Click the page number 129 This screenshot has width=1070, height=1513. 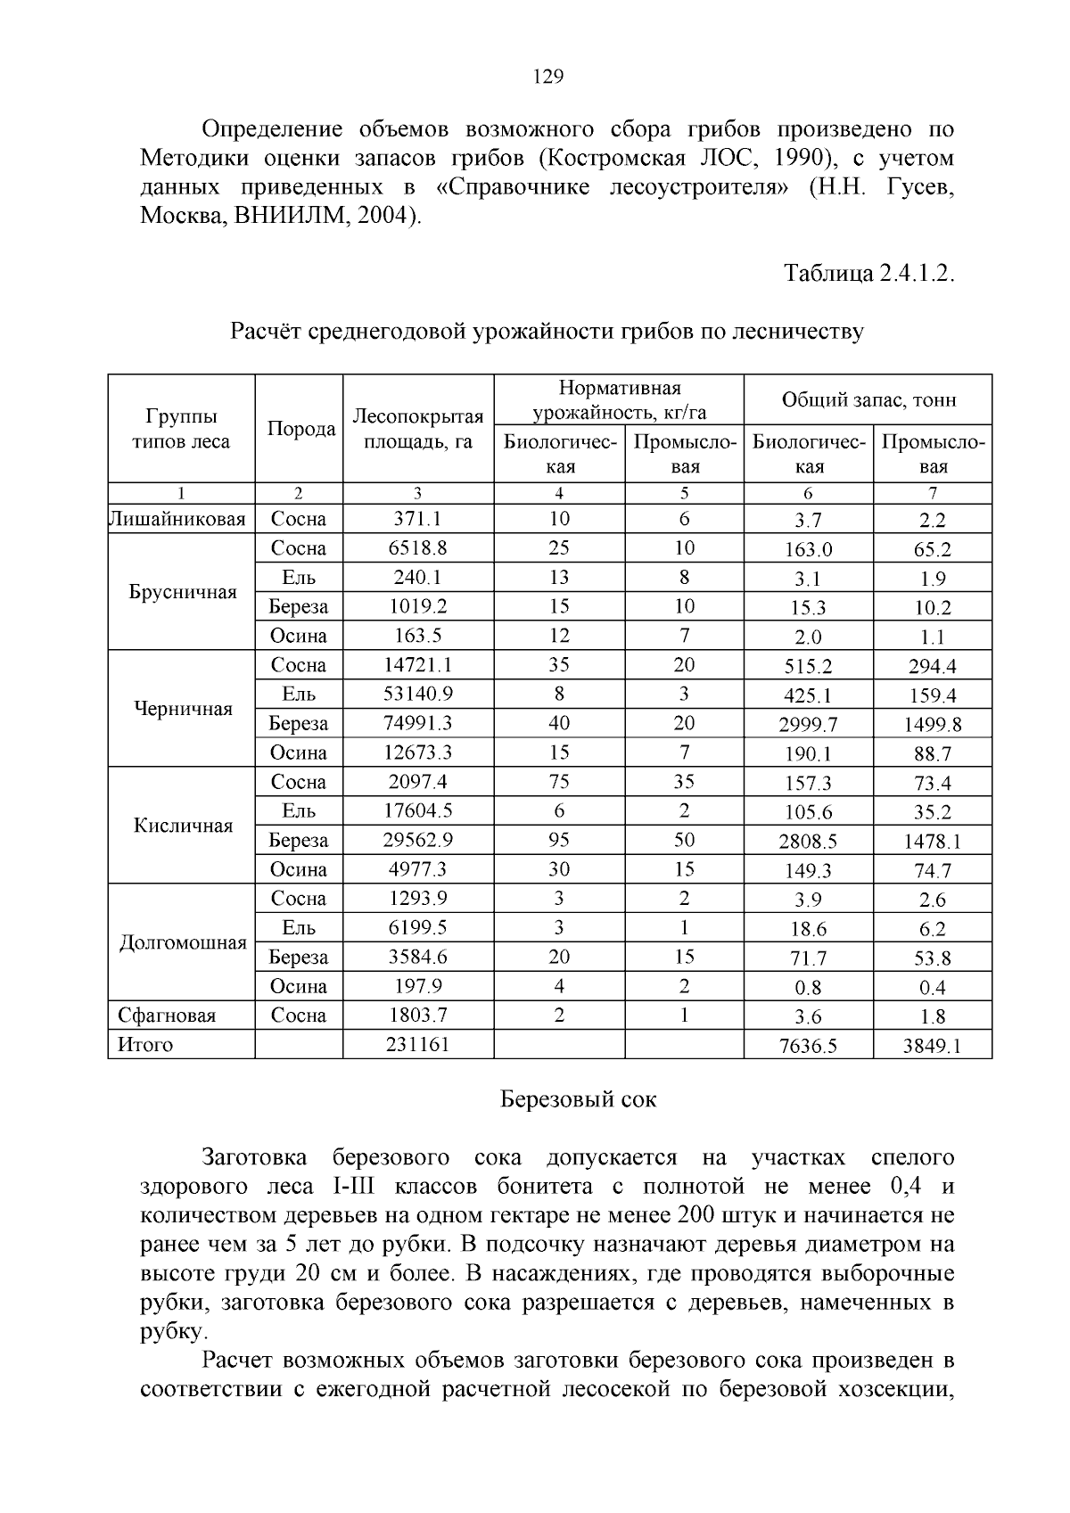547,77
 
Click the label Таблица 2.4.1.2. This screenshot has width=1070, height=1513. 868,273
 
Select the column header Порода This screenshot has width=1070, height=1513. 300,429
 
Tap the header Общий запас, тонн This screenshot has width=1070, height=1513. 868,399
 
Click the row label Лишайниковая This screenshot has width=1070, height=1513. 177,519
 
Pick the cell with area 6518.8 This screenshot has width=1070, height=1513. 417,548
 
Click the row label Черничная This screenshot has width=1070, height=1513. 182,709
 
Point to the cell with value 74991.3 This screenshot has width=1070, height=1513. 417,723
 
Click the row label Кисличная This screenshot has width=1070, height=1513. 182,826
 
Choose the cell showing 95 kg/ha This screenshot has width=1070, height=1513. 558,840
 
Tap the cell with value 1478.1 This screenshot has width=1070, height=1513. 932,842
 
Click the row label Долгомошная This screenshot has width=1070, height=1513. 182,942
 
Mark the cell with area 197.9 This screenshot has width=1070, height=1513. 417,986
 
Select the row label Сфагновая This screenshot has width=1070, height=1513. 167,1016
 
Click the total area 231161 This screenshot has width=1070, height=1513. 417,1044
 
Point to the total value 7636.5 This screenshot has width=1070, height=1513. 808,1046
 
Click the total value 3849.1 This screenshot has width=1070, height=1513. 932,1046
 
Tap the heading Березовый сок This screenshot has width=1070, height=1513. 577,1099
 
